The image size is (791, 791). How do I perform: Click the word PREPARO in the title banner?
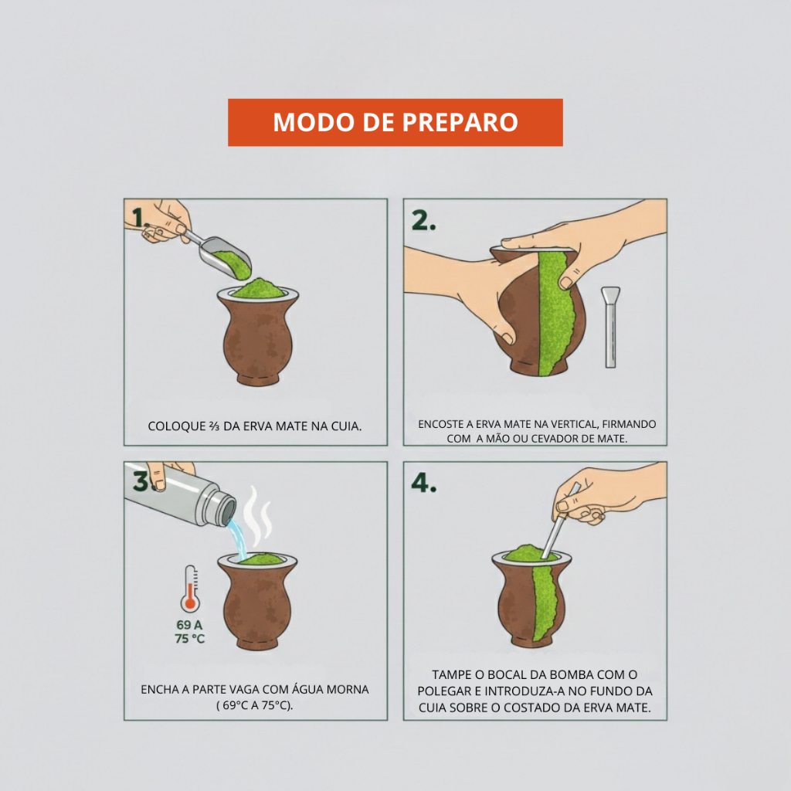pos(460,123)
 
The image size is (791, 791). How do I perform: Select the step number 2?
pos(423,220)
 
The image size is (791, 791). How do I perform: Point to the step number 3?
pos(141,480)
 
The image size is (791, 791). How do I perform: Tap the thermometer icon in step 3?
pos(190,589)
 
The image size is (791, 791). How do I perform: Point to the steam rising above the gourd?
pos(258,517)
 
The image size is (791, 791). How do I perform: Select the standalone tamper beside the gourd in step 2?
pos(610,327)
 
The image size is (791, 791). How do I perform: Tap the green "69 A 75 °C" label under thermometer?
pos(190,632)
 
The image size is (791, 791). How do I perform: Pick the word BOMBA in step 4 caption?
pos(572,674)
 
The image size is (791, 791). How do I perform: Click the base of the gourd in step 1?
pos(258,379)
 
